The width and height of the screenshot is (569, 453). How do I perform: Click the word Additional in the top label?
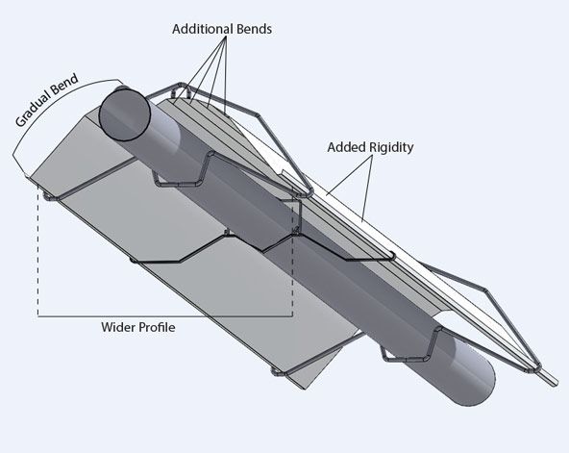[x=202, y=29]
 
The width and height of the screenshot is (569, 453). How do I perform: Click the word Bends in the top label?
[x=254, y=29]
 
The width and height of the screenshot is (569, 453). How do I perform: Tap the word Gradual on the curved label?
[x=32, y=110]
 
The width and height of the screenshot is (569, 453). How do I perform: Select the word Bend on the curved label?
[x=64, y=84]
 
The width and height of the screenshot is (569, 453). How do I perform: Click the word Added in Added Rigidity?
[x=346, y=147]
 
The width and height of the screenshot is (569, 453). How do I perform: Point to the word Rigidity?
[x=391, y=148]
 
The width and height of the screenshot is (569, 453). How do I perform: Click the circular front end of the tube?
[x=125, y=114]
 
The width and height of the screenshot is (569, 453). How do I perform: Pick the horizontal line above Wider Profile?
[x=165, y=316]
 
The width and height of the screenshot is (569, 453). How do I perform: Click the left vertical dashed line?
[x=38, y=250]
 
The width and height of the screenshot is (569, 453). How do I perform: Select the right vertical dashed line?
[x=292, y=258]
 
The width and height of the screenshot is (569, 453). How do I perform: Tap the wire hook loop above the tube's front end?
[x=182, y=88]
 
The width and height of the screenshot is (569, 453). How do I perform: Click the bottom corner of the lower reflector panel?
[x=304, y=389]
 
